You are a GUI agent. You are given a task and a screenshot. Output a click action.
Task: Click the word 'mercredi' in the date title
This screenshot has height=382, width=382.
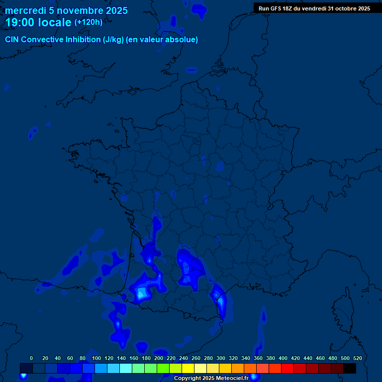[x=25, y=11]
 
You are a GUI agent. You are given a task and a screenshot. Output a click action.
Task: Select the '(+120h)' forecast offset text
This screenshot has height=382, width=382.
[x=89, y=22]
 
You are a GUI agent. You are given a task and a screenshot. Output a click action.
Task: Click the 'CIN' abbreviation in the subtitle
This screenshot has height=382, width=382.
[x=12, y=40]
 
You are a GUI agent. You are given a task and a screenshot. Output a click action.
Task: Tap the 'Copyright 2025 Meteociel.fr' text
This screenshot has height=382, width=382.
[x=211, y=379]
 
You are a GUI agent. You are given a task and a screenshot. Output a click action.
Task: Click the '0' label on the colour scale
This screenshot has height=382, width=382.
[x=31, y=358]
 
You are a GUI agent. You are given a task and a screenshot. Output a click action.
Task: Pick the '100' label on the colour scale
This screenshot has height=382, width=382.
[x=96, y=358]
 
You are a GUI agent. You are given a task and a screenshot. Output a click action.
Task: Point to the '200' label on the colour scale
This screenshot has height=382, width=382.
[x=158, y=358]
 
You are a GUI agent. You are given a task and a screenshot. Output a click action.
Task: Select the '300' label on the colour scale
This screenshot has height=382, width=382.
[x=220, y=358]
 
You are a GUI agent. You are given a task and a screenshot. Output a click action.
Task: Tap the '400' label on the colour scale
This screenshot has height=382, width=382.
[x=283, y=358]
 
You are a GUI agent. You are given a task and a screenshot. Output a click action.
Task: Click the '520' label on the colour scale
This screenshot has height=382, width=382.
[x=357, y=358]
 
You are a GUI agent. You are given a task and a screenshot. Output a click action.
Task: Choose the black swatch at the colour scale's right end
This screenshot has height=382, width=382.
[x=350, y=368]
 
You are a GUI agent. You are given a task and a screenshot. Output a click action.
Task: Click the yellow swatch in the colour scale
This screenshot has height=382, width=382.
[x=188, y=368]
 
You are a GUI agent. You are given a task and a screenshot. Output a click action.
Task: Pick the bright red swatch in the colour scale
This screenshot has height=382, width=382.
[x=287, y=368]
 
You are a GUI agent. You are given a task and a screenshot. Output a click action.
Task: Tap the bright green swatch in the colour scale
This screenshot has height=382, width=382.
[x=163, y=368]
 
